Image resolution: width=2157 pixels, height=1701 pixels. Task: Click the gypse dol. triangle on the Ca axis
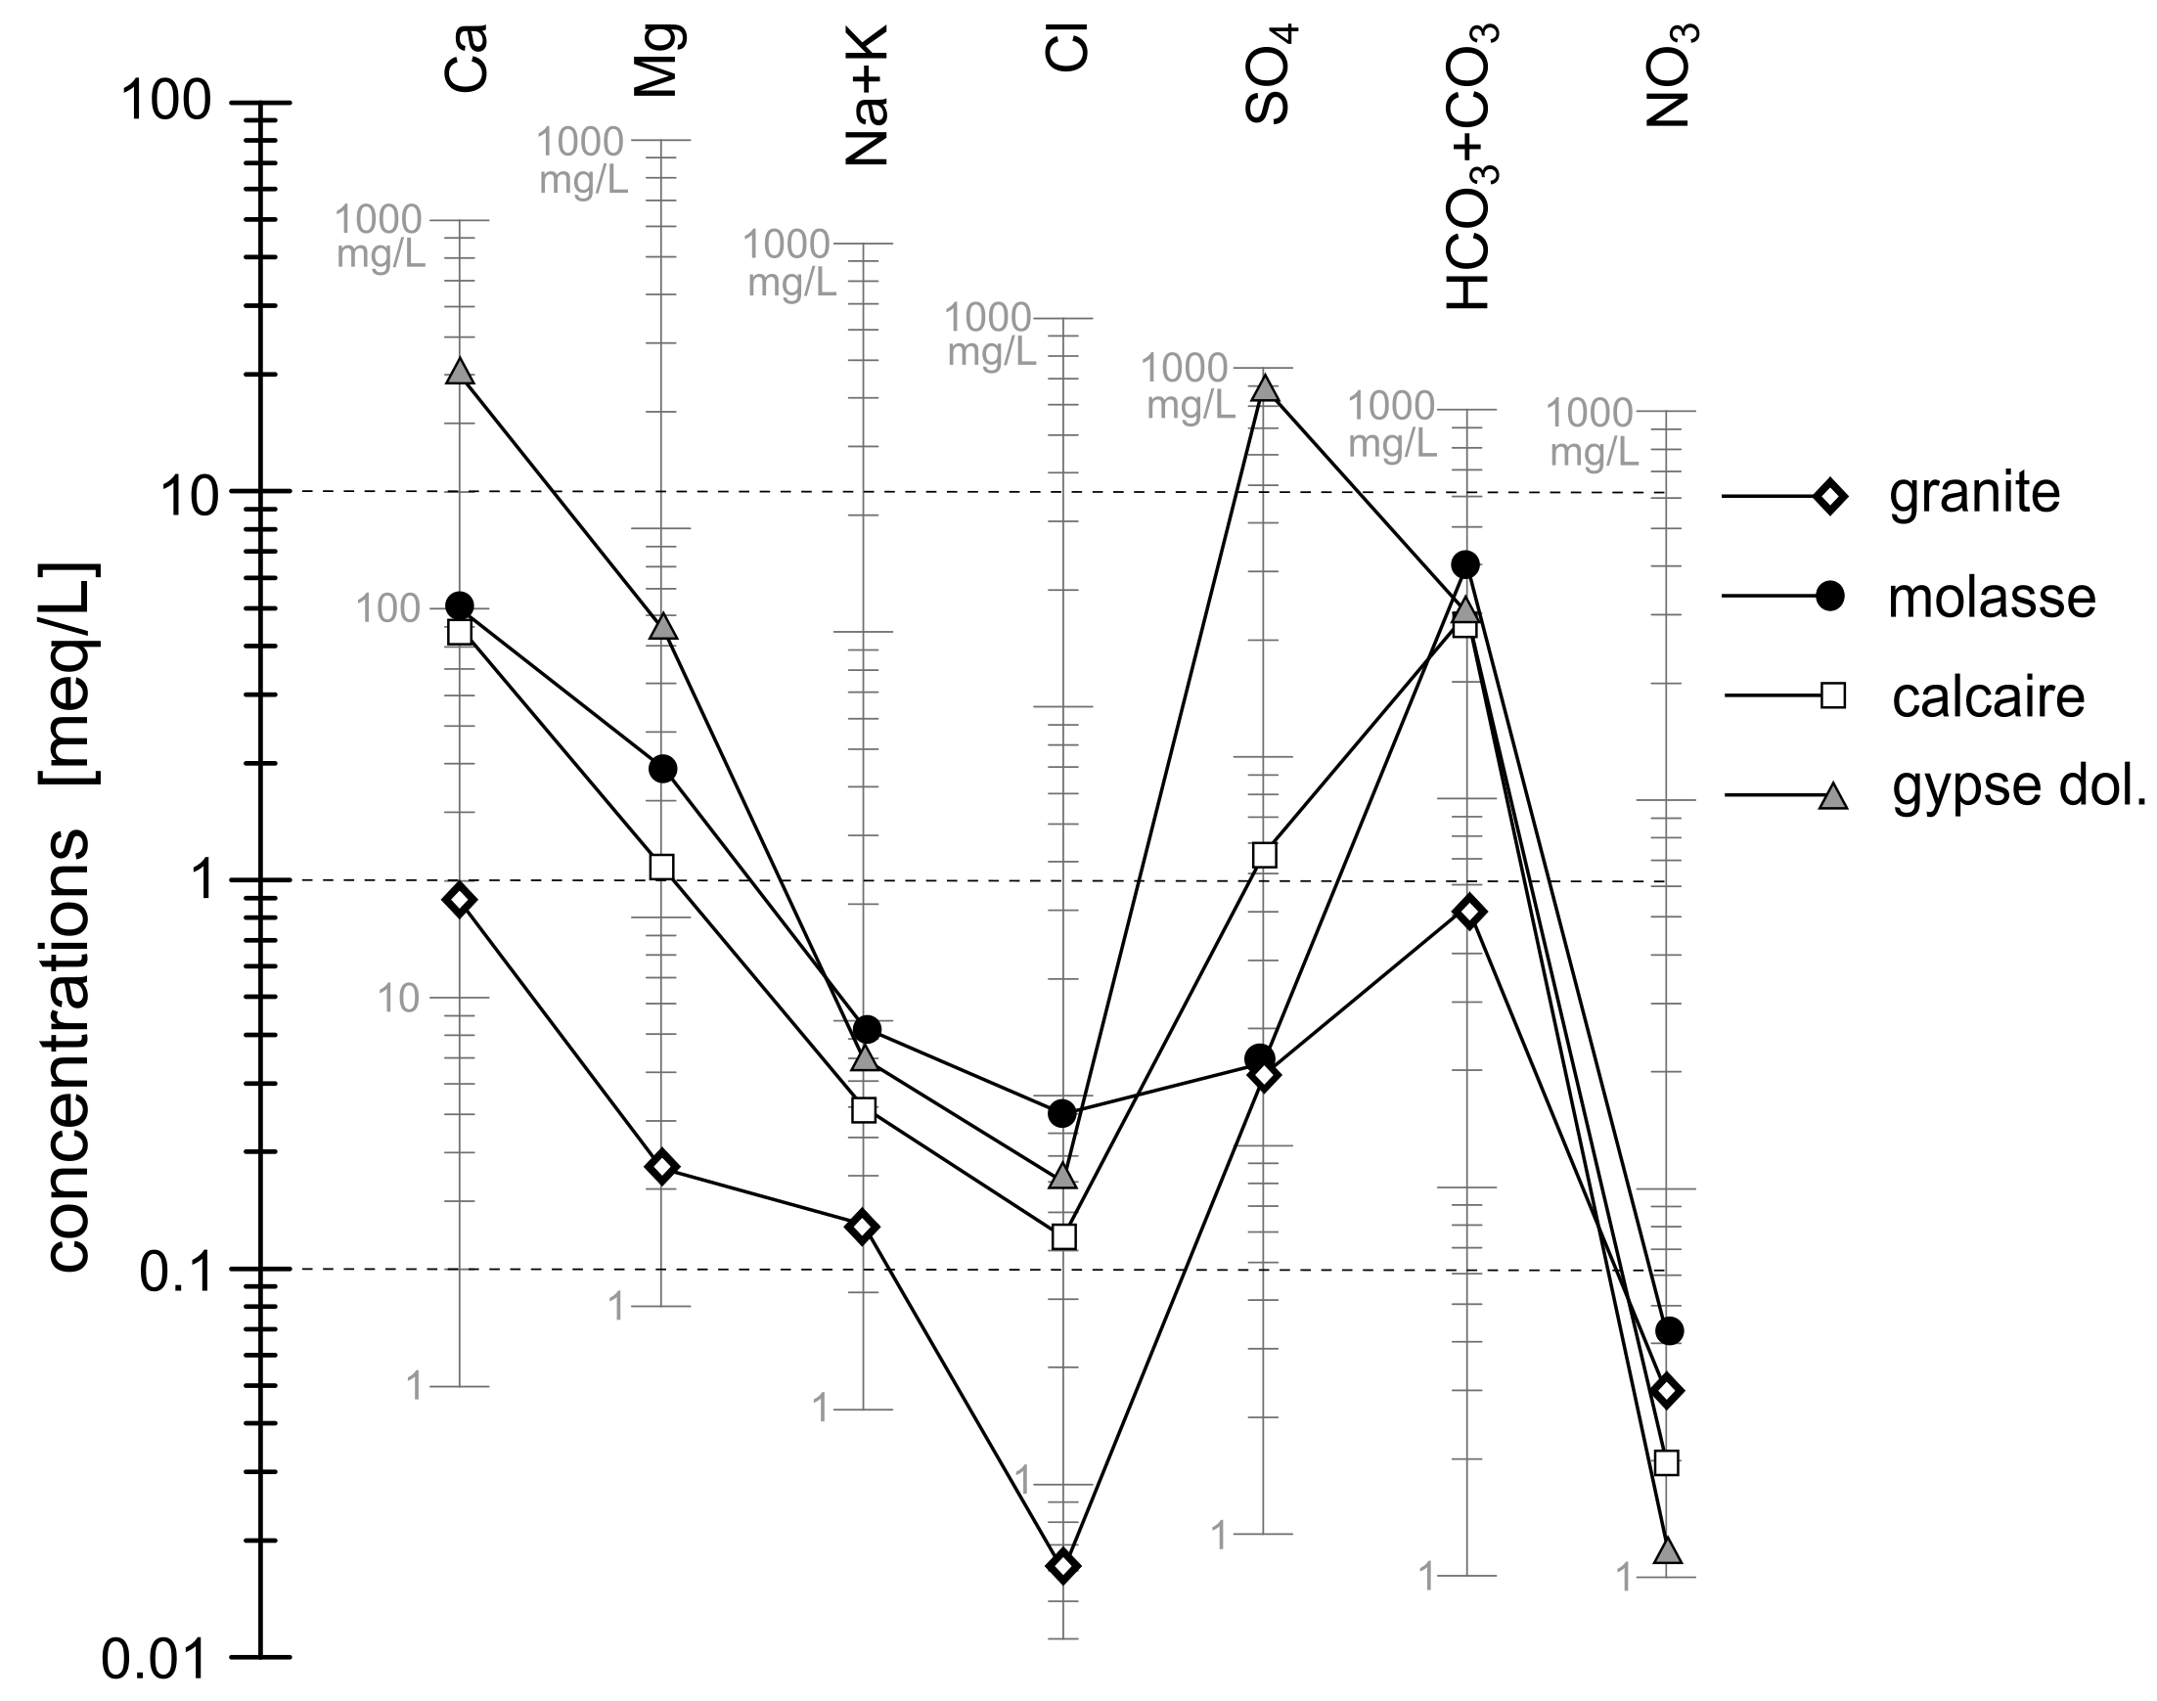[x=459, y=371]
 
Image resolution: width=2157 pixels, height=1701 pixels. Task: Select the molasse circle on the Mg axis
[x=662, y=769]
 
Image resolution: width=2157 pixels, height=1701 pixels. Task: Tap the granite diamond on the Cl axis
[x=1063, y=1566]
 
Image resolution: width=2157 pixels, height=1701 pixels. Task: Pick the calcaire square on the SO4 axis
[x=1264, y=855]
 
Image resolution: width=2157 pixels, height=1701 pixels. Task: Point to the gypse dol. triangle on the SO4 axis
[x=1265, y=387]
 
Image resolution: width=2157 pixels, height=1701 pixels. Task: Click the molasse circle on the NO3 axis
[x=1670, y=1330]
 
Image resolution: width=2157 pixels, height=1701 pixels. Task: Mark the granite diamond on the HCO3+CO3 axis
[x=1468, y=912]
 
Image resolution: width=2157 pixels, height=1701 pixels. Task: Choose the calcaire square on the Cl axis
[x=1063, y=1236]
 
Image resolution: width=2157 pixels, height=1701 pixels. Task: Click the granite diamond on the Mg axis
[x=661, y=1166]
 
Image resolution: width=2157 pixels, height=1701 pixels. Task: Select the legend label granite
[x=1974, y=493]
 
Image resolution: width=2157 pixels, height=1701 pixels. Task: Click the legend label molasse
[x=1992, y=598]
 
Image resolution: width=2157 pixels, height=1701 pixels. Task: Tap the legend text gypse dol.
[x=2020, y=786]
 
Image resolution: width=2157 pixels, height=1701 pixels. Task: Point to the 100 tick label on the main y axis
[x=166, y=101]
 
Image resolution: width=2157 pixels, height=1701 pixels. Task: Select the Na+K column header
[x=866, y=95]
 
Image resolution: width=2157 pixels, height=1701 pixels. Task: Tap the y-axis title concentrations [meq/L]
[x=69, y=917]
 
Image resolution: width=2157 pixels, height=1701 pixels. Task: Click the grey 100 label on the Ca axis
[x=388, y=607]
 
